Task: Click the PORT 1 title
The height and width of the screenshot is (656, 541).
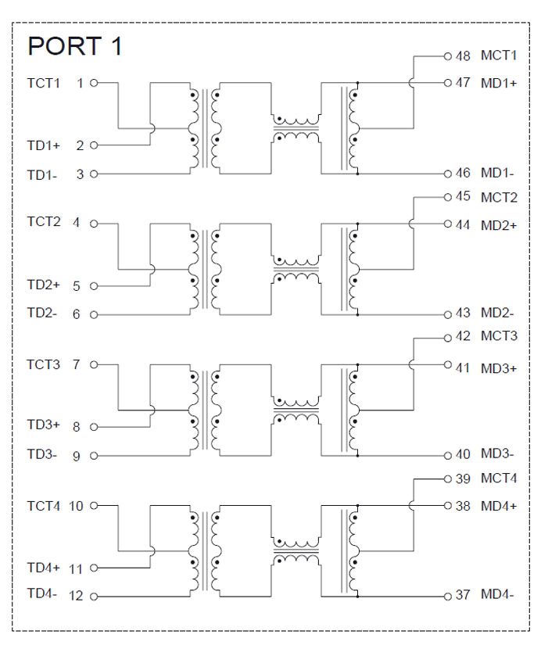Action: tap(74, 46)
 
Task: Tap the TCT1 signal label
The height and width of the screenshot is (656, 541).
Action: tap(43, 82)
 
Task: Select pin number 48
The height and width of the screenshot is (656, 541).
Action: tap(463, 56)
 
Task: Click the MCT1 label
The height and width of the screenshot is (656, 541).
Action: tap(499, 56)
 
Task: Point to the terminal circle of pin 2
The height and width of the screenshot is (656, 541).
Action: tap(95, 145)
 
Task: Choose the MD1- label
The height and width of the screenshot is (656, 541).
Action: tap(497, 173)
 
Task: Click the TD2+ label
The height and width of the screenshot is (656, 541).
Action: tap(44, 285)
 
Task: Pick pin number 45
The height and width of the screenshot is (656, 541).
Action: tap(463, 197)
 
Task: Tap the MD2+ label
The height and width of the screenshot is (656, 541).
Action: tap(499, 225)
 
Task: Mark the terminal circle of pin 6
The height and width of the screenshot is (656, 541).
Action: tap(95, 315)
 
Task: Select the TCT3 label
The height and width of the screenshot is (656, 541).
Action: tap(43, 364)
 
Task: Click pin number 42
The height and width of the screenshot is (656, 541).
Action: tap(463, 337)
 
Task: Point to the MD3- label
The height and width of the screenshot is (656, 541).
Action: tap(497, 454)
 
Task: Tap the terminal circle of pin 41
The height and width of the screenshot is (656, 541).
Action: tap(448, 365)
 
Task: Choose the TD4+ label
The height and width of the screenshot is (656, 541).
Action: tap(44, 568)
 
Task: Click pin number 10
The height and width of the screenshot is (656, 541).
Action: tap(77, 506)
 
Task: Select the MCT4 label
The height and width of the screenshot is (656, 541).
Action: tap(499, 479)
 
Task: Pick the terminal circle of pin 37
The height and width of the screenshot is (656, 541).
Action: tap(448, 595)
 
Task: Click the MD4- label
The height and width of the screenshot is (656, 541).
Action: tap(497, 595)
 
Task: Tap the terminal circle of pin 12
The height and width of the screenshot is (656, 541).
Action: tap(95, 597)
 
